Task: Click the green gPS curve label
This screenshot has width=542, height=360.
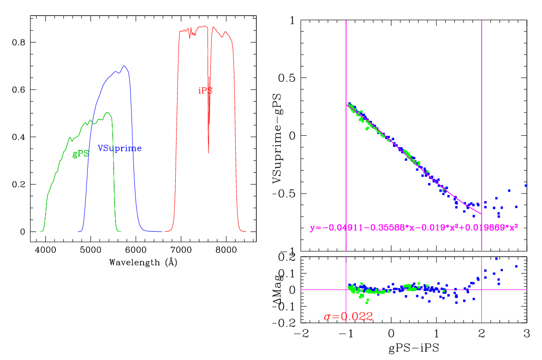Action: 80,154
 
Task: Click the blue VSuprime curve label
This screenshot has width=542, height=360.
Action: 119,149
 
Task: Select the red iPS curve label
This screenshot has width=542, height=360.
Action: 205,91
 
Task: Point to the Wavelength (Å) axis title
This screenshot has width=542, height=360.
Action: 143,262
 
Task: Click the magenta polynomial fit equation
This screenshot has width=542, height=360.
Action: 413,228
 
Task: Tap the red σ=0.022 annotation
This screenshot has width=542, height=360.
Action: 348,317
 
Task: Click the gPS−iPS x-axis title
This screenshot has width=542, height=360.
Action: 413,348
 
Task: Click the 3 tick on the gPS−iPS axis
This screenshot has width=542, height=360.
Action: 527,333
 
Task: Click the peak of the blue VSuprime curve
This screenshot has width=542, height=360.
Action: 124,66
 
